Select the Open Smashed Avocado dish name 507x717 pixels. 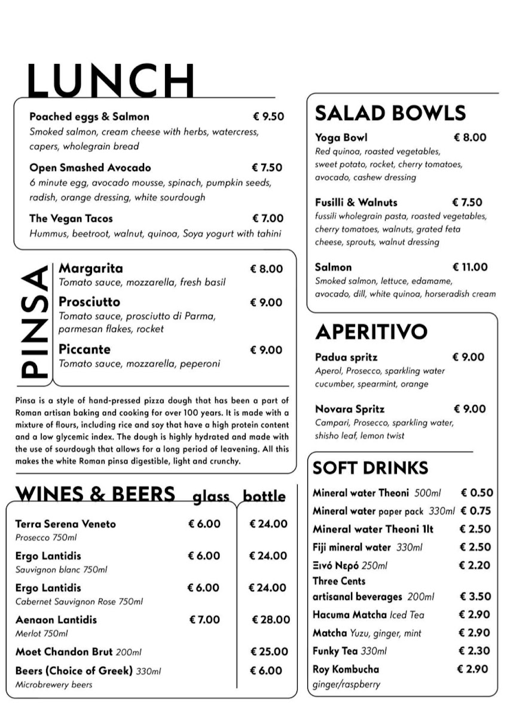coord(90,168)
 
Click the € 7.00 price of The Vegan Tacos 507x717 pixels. coord(268,219)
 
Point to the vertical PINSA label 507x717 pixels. coord(35,323)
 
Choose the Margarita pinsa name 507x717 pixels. coord(90,268)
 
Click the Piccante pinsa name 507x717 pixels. coord(84,350)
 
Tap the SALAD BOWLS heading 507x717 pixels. coord(390,113)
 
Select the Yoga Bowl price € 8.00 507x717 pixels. coord(470,137)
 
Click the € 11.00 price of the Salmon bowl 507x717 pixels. coord(470,267)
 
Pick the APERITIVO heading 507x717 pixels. coord(371,332)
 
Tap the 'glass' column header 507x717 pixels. coord(210,497)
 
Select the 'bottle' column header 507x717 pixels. coord(264,497)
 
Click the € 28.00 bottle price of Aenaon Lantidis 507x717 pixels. coord(270,620)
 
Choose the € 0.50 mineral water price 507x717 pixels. coord(477,493)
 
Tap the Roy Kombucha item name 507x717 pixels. coord(346,669)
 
